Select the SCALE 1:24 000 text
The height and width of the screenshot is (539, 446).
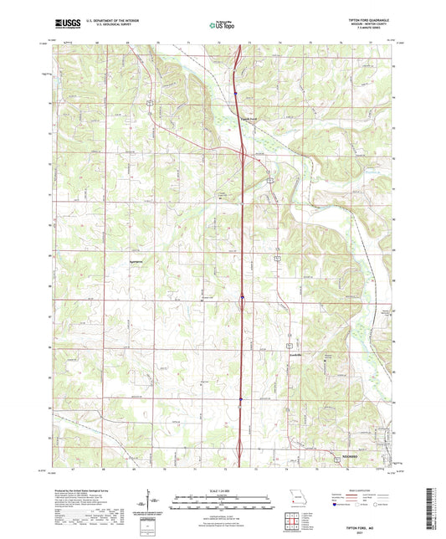(223, 490)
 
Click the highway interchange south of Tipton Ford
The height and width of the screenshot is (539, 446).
(242, 153)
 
